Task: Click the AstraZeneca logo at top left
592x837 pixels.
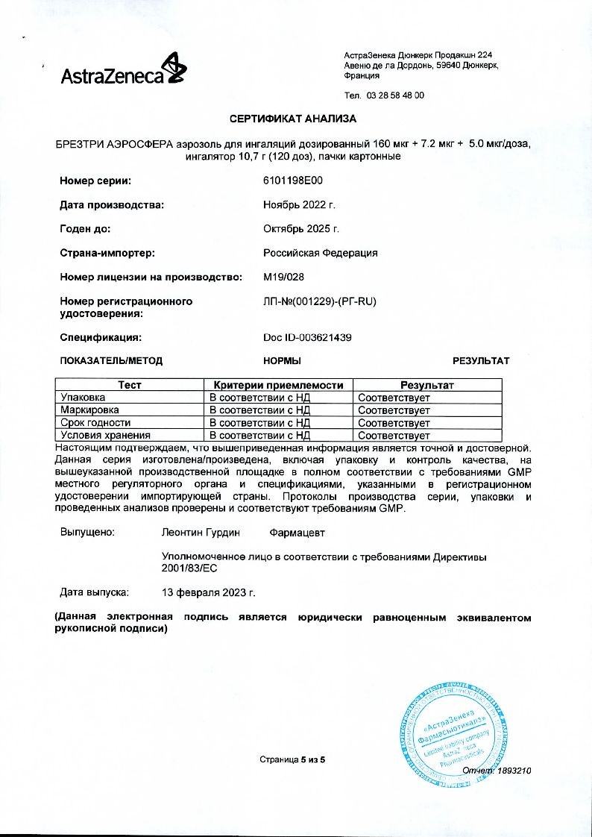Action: coord(124,71)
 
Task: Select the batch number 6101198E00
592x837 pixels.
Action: coord(293,181)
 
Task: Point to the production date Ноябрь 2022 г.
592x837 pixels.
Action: coord(300,204)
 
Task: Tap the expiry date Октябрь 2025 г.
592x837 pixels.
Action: coord(301,228)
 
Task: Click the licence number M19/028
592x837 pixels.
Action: coord(284,277)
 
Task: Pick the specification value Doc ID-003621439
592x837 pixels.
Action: coord(307,337)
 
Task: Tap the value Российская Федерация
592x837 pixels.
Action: coord(321,253)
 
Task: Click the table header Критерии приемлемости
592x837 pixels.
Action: coord(278,385)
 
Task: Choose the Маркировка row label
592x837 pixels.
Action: coord(90,410)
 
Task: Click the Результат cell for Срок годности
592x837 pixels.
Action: coord(394,423)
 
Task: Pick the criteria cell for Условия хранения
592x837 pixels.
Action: coord(259,435)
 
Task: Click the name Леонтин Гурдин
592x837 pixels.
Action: coord(198,533)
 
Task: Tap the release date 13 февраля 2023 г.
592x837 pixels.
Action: coord(209,592)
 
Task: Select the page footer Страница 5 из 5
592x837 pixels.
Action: coord(293,759)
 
